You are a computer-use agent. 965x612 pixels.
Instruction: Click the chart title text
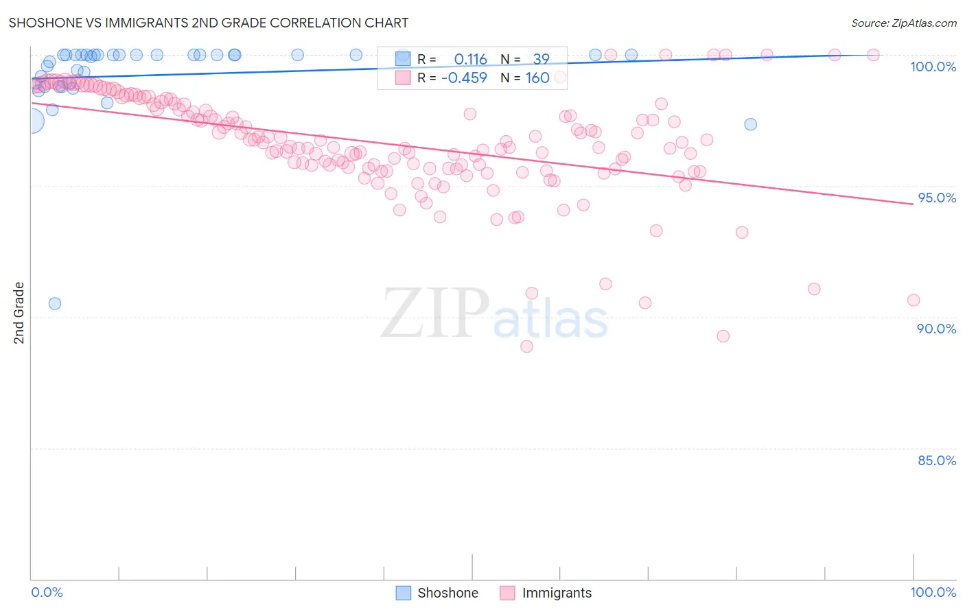(208, 23)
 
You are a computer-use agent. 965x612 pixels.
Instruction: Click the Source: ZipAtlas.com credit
(903, 23)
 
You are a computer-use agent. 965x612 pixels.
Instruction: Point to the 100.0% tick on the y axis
(933, 67)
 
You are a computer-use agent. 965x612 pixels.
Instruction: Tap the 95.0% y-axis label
(937, 198)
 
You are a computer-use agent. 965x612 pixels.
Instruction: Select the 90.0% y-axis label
(936, 329)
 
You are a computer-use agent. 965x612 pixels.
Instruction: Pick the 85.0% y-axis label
(936, 460)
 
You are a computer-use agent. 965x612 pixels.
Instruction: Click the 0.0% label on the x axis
(47, 592)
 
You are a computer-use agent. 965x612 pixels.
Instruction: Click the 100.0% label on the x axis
(933, 592)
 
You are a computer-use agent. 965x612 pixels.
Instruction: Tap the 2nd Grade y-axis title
(19, 312)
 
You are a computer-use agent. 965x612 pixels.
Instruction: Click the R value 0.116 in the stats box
(470, 59)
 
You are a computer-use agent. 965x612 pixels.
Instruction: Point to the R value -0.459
(464, 78)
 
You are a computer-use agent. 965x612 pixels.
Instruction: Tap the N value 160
(537, 78)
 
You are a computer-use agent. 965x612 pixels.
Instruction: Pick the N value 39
(541, 59)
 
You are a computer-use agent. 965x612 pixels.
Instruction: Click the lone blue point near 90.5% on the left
(55, 303)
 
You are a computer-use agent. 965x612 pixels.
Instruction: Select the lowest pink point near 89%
(526, 346)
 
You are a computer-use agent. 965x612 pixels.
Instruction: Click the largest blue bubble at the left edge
(32, 121)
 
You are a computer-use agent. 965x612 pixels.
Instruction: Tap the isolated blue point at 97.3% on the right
(750, 124)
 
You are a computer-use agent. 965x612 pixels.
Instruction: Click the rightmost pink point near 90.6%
(913, 300)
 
